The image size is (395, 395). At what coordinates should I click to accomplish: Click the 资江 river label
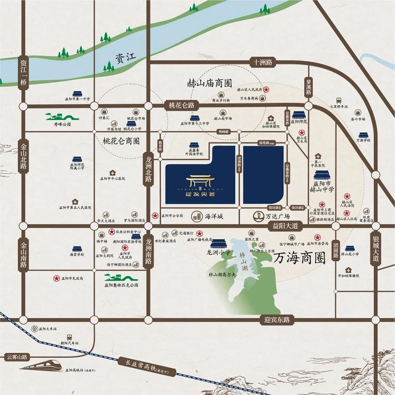tap(126, 57)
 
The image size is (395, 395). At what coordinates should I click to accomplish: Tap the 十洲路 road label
tap(263, 62)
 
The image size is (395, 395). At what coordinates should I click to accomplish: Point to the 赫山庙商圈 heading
tap(209, 83)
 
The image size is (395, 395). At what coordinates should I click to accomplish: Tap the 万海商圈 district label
tap(299, 259)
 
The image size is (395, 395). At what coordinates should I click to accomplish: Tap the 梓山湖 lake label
tap(243, 262)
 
